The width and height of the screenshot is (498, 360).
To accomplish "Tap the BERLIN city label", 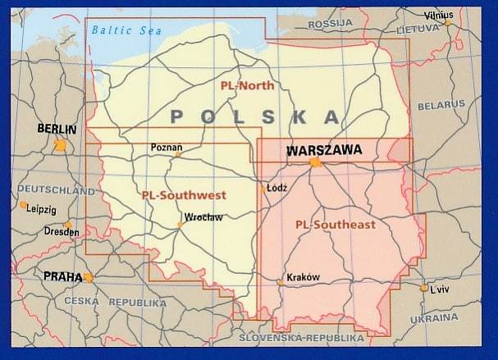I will (x=57, y=129).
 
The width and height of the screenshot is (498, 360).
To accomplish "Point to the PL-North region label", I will (x=246, y=84).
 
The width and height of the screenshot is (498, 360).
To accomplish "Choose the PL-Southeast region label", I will (x=335, y=223).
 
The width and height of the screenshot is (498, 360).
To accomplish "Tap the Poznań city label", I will (x=167, y=148).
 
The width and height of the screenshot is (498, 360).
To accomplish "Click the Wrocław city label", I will (x=204, y=217).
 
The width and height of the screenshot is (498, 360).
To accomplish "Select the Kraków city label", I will (x=300, y=277).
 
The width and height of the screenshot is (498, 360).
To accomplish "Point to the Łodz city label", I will (x=277, y=187).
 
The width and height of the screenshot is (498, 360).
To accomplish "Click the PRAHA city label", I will (x=63, y=277).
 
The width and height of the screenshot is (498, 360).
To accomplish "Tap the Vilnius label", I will (x=438, y=15).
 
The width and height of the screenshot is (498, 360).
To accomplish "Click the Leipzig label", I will (x=41, y=209).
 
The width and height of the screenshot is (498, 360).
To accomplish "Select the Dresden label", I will (x=62, y=232).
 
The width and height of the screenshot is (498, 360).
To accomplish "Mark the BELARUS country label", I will (x=441, y=106).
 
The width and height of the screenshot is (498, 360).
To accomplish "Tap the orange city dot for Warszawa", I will (x=315, y=162).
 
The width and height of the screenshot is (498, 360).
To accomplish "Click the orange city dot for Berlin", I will (x=60, y=144).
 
